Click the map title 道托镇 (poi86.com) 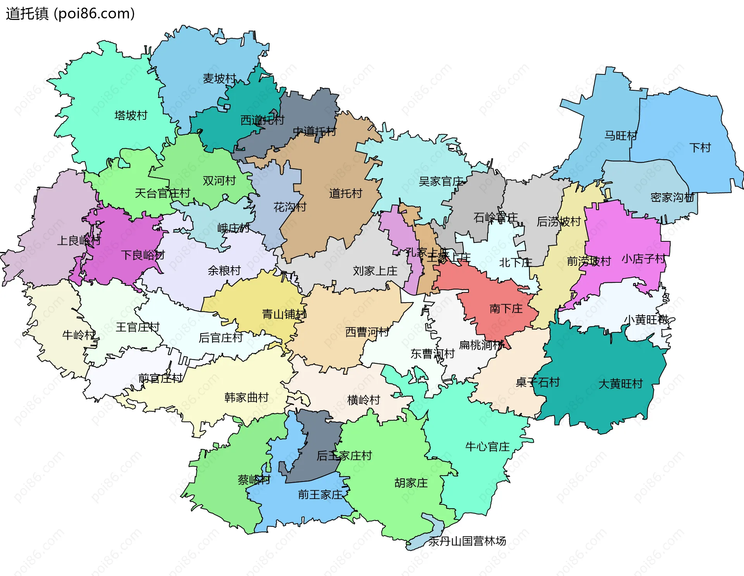tap(70, 14)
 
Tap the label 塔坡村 tap(131, 115)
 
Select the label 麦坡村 tap(219, 79)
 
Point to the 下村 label tap(700, 148)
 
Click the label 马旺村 tap(621, 136)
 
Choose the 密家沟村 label tap(672, 198)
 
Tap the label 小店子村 tap(644, 259)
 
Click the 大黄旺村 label tap(620, 384)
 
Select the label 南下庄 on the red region tap(506, 309)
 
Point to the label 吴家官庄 tap(441, 181)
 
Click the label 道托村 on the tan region tap(346, 193)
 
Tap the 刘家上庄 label tap(375, 271)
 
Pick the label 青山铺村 tap(284, 314)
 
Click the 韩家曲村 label tap(246, 397)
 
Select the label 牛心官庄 tap(487, 447)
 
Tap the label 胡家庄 tap(411, 483)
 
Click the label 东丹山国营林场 tap(467, 541)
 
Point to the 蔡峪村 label tap(254, 480)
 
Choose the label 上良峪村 tap(79, 241)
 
